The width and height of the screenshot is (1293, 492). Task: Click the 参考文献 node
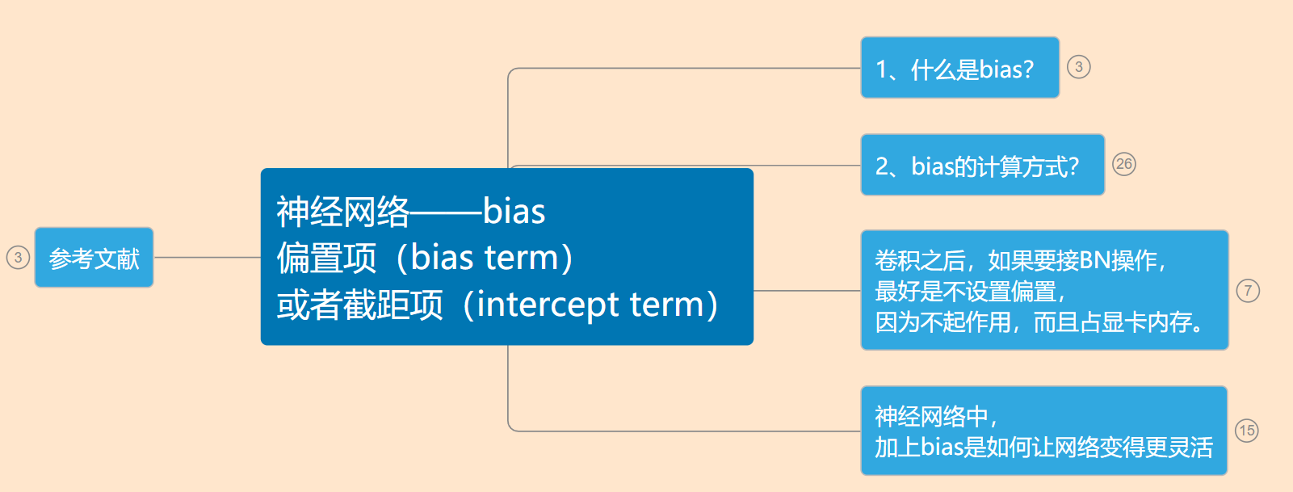click(x=94, y=258)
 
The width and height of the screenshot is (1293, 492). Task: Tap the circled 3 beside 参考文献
click(x=18, y=258)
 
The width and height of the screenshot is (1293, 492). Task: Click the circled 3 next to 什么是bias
click(x=1078, y=67)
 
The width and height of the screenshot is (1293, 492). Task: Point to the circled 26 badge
click(x=1123, y=164)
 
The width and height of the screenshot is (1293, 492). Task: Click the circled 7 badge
click(x=1248, y=291)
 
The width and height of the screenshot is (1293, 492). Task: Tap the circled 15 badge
click(x=1246, y=431)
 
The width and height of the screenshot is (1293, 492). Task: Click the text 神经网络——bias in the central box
click(x=410, y=212)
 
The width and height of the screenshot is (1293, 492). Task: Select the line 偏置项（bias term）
click(x=424, y=259)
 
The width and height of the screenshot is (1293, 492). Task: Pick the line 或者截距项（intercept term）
click(x=497, y=305)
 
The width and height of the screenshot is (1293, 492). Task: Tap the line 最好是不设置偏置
click(x=969, y=291)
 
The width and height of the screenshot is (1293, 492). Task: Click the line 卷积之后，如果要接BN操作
click(x=1019, y=260)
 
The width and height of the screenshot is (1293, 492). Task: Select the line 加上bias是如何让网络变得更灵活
click(x=1043, y=447)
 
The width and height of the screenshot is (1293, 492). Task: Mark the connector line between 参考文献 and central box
click(x=207, y=258)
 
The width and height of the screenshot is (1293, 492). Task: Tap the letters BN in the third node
click(x=1094, y=260)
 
